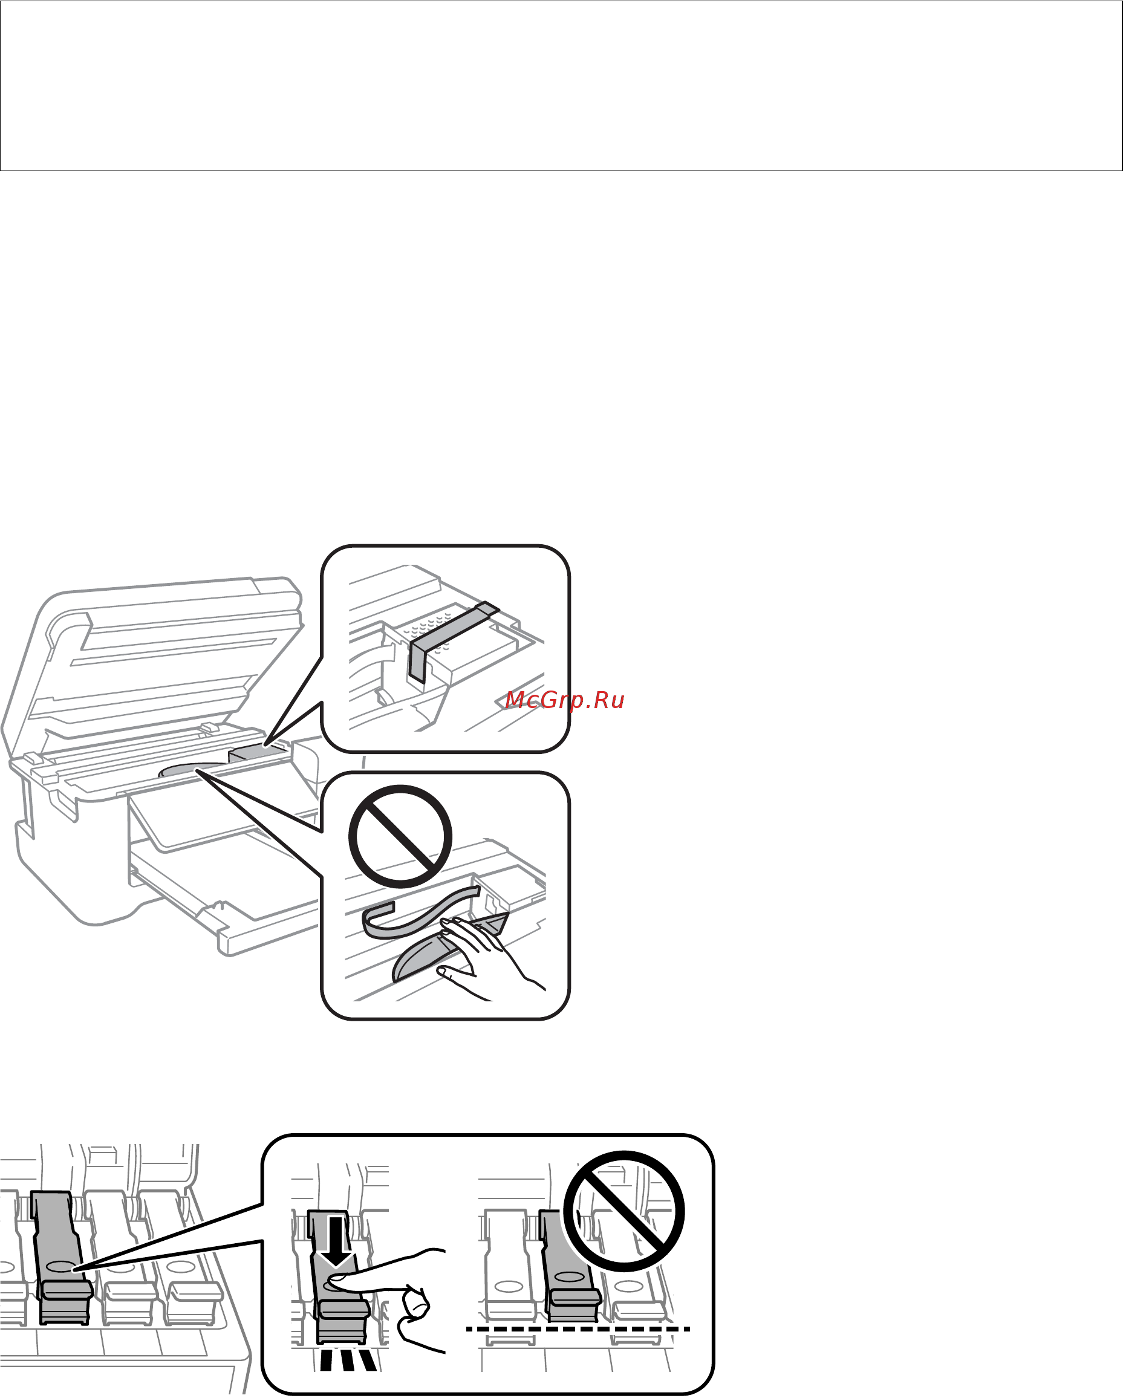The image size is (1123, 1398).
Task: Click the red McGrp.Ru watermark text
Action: tap(564, 700)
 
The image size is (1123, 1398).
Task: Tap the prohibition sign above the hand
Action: tap(400, 836)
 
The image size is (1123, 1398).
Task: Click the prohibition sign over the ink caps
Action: tap(623, 1211)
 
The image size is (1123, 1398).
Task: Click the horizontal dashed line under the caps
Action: tap(577, 1329)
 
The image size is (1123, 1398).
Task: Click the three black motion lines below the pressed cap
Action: tap(348, 1359)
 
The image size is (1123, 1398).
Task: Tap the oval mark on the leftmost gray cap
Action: tap(60, 1266)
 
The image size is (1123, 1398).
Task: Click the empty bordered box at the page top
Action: tap(561, 86)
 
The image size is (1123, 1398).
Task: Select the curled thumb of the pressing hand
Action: tap(414, 1305)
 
